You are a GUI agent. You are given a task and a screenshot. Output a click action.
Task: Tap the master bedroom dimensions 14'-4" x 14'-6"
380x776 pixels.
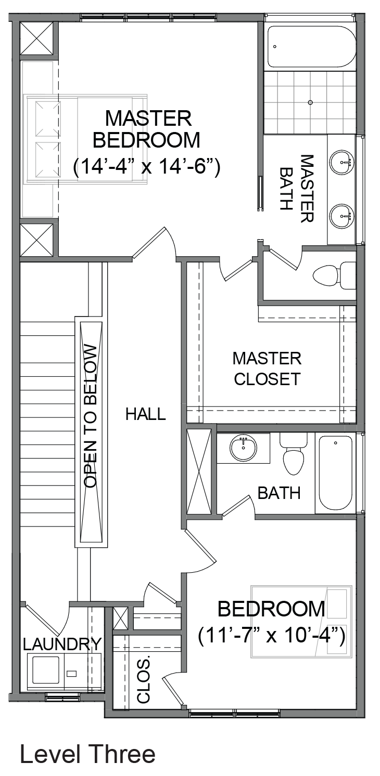[x=147, y=168]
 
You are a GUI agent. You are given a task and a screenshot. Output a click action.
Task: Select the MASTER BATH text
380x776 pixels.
[x=297, y=188]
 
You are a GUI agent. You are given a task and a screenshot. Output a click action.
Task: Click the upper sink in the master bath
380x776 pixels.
[x=342, y=160]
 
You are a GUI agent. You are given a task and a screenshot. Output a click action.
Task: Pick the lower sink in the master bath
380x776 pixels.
[x=342, y=216]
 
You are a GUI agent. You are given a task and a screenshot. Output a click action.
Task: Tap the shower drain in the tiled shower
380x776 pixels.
[x=310, y=102]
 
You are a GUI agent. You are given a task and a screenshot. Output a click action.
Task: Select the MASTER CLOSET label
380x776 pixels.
[x=267, y=369]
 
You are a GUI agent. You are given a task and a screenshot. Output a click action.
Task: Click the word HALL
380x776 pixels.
[x=145, y=414]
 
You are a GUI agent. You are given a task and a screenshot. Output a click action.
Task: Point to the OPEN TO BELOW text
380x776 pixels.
[x=91, y=416]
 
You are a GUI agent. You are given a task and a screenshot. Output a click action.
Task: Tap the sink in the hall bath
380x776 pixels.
[x=244, y=448]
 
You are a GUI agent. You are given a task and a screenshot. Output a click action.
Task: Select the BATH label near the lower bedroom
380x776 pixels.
[x=278, y=493]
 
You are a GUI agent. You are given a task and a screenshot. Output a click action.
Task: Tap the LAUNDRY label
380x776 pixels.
[x=62, y=643]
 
